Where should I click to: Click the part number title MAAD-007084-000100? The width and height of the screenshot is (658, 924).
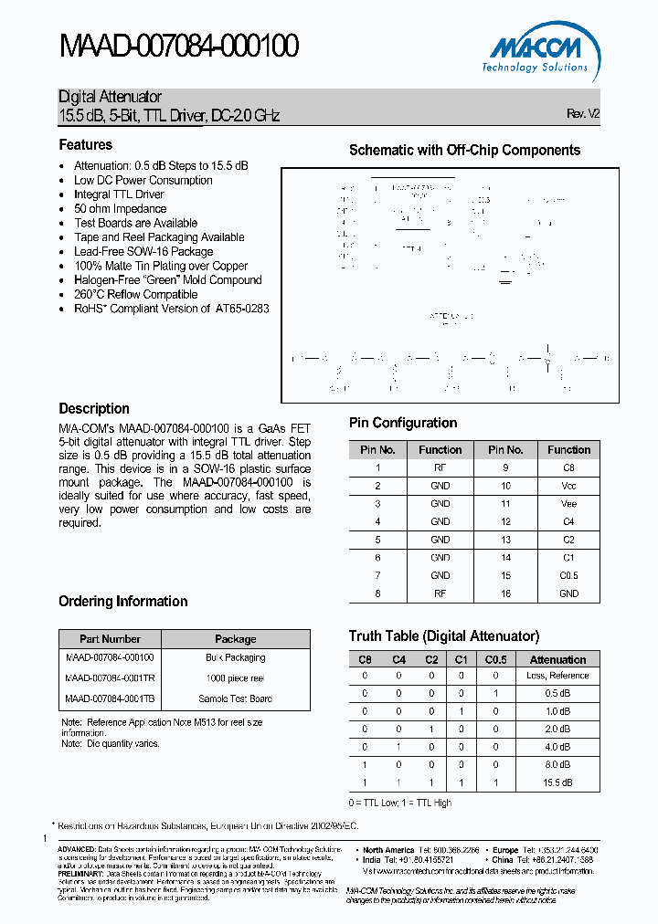[x=179, y=47]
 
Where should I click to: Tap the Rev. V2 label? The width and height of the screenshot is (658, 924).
[x=583, y=114]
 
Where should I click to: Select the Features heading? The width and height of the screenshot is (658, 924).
[x=86, y=145]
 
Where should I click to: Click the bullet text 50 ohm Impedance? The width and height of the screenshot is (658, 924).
[x=120, y=209]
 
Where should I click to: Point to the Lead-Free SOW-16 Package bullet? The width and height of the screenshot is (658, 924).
[x=143, y=252]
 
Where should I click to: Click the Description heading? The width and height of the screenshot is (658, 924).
[x=94, y=409]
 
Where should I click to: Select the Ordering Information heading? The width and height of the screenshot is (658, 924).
[x=123, y=602]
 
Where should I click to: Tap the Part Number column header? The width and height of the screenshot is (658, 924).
[x=110, y=639]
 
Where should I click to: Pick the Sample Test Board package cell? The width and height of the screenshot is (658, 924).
[x=235, y=698]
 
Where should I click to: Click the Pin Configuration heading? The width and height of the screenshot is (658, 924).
[x=403, y=423]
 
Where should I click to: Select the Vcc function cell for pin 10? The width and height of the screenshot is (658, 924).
[x=568, y=486]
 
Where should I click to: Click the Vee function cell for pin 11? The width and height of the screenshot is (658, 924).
[x=568, y=504]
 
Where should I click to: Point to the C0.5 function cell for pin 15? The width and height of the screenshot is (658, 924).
[x=568, y=576]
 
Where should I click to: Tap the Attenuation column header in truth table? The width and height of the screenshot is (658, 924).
[x=557, y=659]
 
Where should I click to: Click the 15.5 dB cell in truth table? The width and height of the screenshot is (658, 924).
[x=557, y=783]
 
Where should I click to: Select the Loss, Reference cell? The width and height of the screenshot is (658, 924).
[x=557, y=676]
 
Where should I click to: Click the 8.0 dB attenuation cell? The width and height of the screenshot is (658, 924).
[x=557, y=765]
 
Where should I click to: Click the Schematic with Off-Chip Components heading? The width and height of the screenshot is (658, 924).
[x=464, y=151]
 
